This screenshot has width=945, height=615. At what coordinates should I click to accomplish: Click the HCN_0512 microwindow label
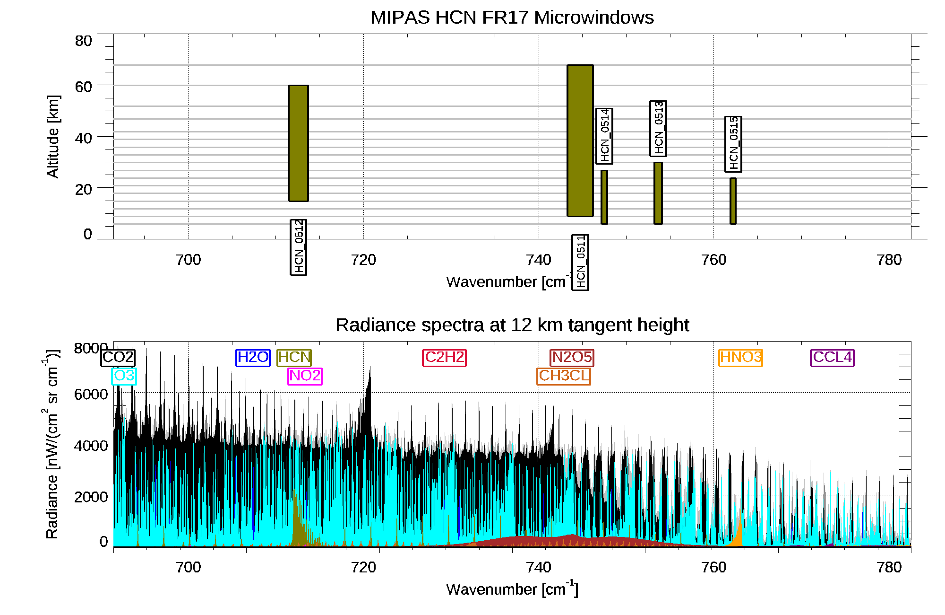pos(298,247)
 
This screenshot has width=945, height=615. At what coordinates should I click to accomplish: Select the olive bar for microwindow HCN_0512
pos(298,143)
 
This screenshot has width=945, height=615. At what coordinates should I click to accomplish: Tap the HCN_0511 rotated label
pos(580,262)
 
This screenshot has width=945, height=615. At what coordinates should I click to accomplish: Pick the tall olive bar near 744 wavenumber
pos(580,141)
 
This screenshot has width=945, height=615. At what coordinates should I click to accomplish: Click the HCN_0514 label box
pos(604,136)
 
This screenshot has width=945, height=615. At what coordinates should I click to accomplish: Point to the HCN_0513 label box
pos(658,128)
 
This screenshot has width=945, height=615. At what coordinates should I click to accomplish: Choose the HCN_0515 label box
pos(733,144)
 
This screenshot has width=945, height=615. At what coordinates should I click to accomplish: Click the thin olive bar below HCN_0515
pos(733,201)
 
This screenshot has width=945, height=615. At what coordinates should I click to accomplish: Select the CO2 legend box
pos(118,357)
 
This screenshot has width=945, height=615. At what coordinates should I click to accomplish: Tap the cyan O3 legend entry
pos(124,376)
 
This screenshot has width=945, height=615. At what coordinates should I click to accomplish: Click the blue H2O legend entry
pos(253,357)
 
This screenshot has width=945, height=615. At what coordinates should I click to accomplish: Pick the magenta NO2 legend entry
pos(305,376)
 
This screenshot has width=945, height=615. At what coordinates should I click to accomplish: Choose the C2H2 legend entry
pos(444,357)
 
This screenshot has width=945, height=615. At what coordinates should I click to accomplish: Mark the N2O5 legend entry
pos(572,357)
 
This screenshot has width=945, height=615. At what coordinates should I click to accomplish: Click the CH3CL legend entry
pos(564,376)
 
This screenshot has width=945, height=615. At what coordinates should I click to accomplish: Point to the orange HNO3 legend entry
pos(740,357)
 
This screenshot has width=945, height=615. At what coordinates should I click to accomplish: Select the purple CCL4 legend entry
pos(832,357)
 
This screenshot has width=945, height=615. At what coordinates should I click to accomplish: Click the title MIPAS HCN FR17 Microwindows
pos(512,18)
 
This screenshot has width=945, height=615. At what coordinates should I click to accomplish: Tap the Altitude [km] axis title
pos(53,136)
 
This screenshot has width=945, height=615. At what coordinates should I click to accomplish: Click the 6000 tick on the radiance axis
pos(91,394)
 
